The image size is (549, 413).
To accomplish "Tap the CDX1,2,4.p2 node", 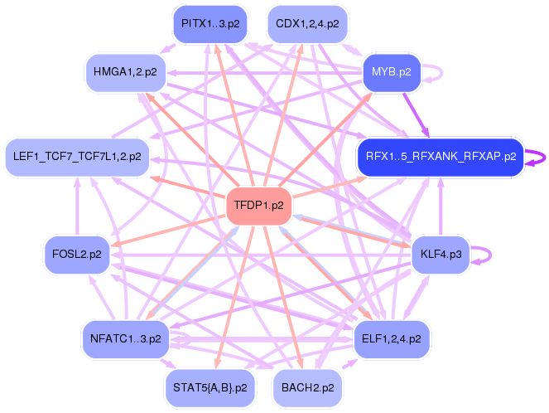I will pyautogui.click(x=306, y=23).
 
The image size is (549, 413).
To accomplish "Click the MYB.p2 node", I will pyautogui.click(x=392, y=73).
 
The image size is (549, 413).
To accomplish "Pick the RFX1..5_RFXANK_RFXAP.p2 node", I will pyautogui.click(x=441, y=156).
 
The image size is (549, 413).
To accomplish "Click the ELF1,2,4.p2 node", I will pyautogui.click(x=392, y=338).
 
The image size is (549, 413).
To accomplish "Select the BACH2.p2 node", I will pyautogui.click(x=307, y=387).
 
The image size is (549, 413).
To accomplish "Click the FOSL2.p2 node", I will pyautogui.click(x=76, y=255).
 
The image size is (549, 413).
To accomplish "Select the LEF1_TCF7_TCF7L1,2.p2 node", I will pyautogui.click(x=77, y=156).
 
